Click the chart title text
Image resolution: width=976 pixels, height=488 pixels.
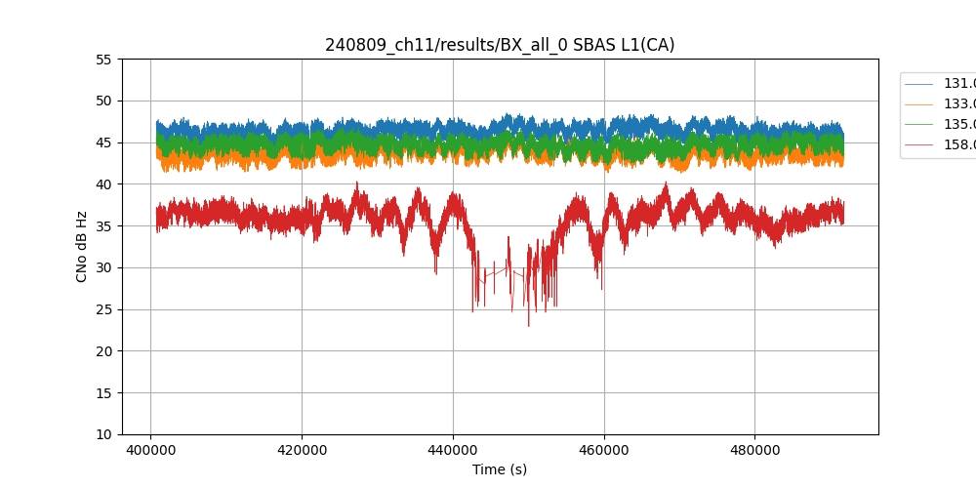[x=500, y=45]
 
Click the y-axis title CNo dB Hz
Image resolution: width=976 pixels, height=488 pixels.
[x=82, y=247]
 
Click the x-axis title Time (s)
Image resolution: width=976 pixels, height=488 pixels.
[x=500, y=469]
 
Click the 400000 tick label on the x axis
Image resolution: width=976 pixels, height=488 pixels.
[x=150, y=451]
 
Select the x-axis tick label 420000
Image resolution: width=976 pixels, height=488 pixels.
[x=302, y=451]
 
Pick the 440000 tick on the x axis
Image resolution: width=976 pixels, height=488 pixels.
[x=453, y=451]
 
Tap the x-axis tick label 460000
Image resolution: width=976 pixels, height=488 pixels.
[x=604, y=451]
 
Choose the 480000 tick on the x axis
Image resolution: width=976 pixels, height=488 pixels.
[x=754, y=451]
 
